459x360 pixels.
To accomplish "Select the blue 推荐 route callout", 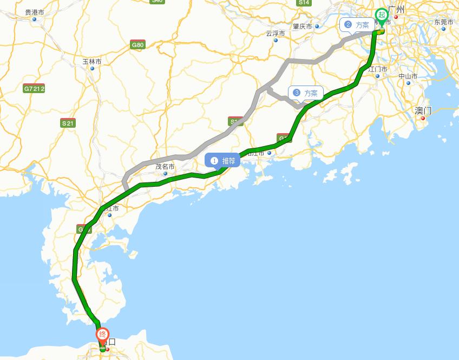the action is click(223, 161).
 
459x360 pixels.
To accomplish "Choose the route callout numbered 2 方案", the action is click(357, 24).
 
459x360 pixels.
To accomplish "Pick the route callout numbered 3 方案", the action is click(306, 93).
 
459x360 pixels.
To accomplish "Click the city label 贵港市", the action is click(35, 12).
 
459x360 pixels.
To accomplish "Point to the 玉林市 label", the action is click(92, 62).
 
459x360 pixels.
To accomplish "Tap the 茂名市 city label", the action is click(165, 167).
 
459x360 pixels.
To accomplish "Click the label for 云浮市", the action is click(276, 33).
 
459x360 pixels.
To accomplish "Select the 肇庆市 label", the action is click(303, 26).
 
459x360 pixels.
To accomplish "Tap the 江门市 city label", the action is click(378, 69).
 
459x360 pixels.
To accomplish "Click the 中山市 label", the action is click(408, 76).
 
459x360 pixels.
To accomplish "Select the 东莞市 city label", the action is click(443, 22).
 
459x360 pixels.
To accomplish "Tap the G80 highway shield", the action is click(137, 45).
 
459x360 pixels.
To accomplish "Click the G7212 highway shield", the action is click(34, 88).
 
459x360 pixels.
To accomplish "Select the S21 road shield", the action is click(68, 123).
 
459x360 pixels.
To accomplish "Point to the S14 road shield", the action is click(304, 3).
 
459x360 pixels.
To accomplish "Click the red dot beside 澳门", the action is click(423, 118).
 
